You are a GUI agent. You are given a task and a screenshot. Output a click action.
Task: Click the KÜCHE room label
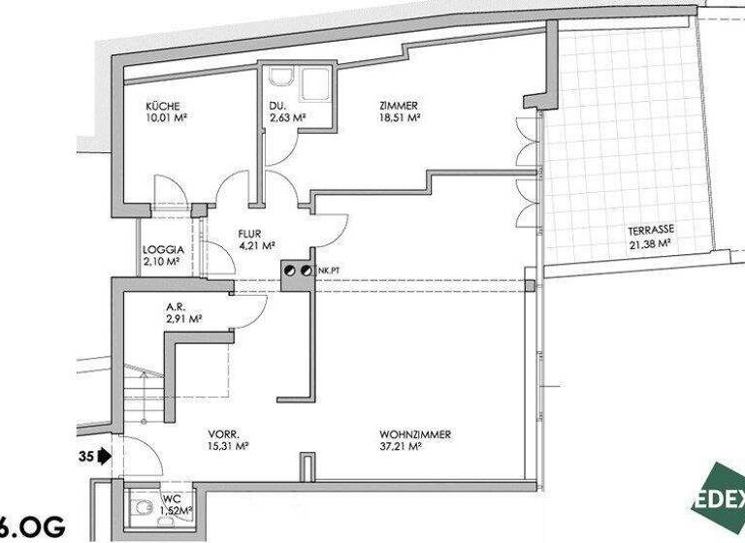pyautogui.click(x=164, y=106)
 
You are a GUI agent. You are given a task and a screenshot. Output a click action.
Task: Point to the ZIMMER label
pyautogui.click(x=399, y=106)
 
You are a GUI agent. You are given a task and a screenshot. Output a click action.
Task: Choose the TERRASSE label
pyautogui.click(x=651, y=231)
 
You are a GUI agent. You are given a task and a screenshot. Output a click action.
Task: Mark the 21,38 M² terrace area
pyautogui.click(x=651, y=243)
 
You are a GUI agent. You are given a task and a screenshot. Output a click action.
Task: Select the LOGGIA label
pyautogui.click(x=162, y=248)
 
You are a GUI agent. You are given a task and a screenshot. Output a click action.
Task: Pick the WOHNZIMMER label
pyautogui.click(x=415, y=434)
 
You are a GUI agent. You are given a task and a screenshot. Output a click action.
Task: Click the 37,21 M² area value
pyautogui.click(x=400, y=447)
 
